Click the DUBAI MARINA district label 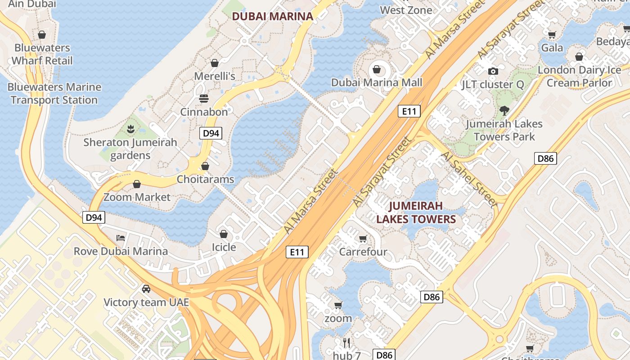272,17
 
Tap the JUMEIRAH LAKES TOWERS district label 416,212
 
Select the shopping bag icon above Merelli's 215,63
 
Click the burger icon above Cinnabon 204,98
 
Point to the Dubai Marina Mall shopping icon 376,69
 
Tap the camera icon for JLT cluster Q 493,71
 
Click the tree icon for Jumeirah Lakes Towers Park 504,110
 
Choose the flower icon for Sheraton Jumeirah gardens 130,129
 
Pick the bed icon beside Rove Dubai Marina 120,238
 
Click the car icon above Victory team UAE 146,288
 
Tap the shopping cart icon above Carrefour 363,238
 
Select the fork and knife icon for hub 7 346,343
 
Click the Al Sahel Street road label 469,179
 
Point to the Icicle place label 224,247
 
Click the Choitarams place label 205,179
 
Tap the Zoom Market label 137,197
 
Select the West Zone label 406,10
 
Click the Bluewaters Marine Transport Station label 54,93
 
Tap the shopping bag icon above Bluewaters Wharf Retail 42,35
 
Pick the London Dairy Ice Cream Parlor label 579,76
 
